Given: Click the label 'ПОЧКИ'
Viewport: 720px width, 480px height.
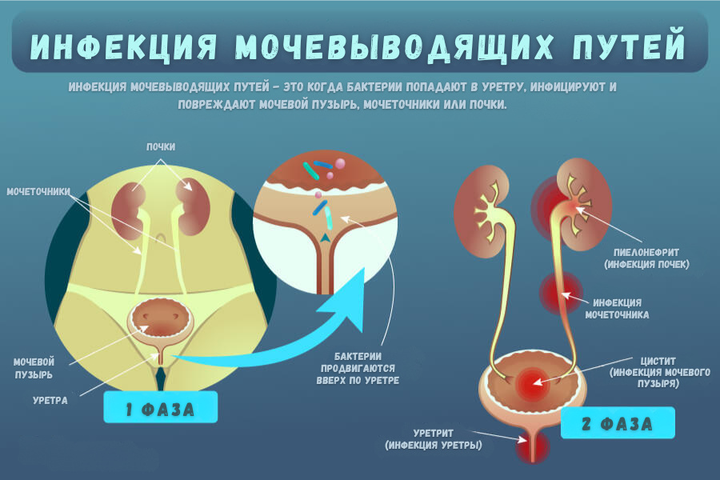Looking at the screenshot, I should tap(161, 146).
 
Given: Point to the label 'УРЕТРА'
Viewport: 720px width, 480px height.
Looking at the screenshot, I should tap(50, 399).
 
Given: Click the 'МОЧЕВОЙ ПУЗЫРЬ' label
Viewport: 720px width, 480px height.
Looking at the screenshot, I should tap(34, 367).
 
